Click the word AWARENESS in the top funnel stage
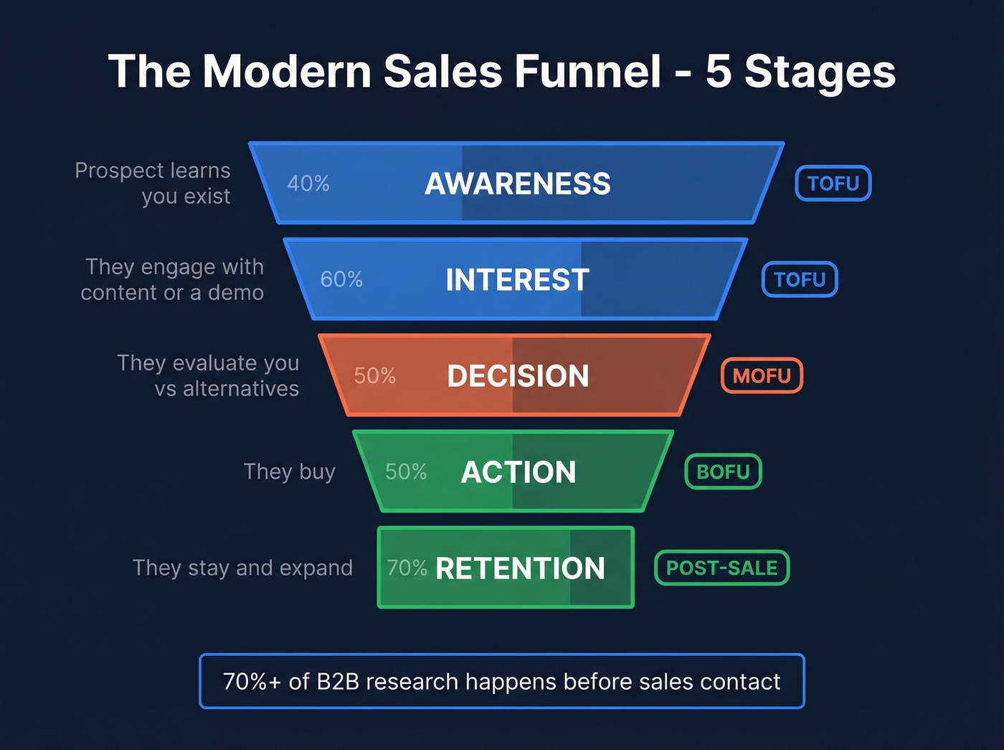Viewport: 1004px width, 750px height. pos(517,184)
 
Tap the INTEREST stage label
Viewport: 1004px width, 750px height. pos(517,280)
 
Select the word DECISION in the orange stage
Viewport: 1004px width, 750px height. pos(518,376)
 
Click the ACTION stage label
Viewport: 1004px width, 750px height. pos(518,472)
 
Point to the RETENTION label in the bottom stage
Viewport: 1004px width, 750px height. pos(520,568)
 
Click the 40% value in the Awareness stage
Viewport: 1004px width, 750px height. pos(308,184)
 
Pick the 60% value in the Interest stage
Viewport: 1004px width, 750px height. pos(341,279)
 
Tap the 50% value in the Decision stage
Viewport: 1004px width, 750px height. pos(374,375)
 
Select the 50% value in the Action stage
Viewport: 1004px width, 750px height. pos(406,472)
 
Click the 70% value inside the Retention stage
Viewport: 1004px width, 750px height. pos(407,568)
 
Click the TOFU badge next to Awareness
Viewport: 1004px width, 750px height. pos(833,184)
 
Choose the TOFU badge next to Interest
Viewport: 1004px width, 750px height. pos(800,279)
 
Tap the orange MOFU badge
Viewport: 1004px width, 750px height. pos(762,375)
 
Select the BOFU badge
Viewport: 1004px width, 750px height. pos(723,472)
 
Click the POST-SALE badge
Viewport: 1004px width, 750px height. pos(721,568)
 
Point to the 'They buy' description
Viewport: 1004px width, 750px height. pos(289,472)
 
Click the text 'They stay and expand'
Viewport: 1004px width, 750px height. pos(242,568)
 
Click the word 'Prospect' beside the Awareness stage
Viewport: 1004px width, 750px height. pos(116,171)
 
